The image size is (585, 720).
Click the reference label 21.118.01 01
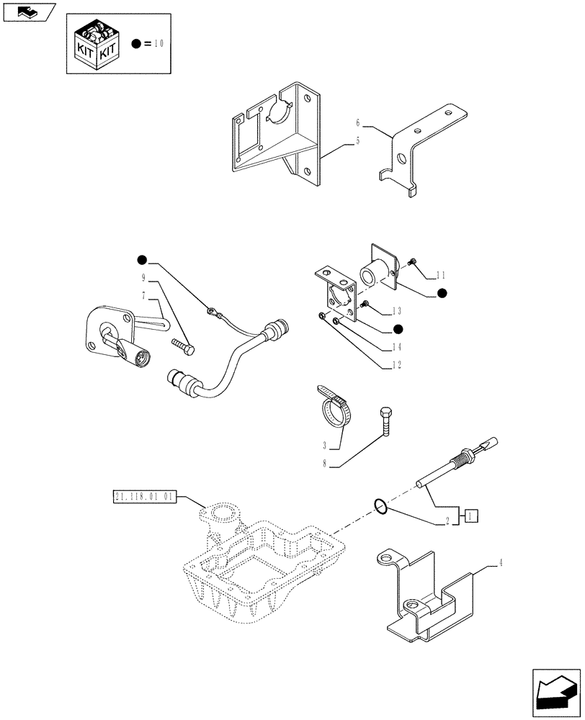click(x=145, y=497)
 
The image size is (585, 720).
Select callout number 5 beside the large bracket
click(x=357, y=142)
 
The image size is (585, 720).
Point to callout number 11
click(x=442, y=275)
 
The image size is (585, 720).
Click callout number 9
click(x=144, y=277)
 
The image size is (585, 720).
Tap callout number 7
click(x=144, y=295)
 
